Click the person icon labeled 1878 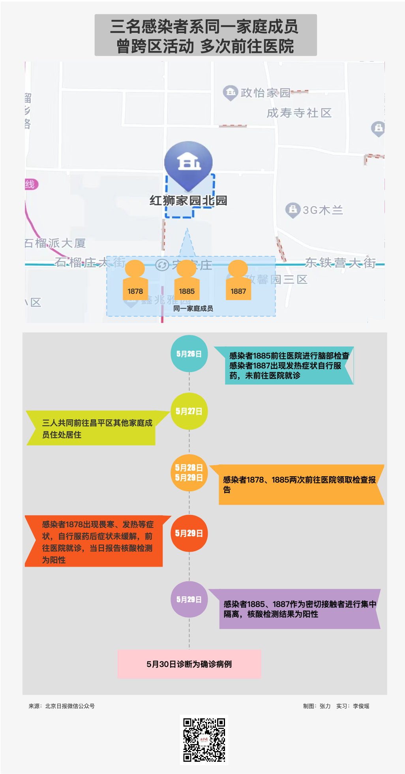135,280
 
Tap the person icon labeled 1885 186,280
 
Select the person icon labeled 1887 238,280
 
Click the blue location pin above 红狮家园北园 189,164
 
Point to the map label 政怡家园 265,93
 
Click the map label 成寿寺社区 299,113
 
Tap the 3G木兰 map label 322,210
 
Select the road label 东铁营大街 340,263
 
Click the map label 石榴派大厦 55,243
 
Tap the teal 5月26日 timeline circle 189,354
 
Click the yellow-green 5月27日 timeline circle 189,411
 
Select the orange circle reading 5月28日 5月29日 189,472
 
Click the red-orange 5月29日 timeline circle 189,533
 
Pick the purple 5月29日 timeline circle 189,599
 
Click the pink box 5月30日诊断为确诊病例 189,664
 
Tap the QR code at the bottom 204,740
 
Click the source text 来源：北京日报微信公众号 62,706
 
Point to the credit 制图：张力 317,706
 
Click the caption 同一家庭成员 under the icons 193,308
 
